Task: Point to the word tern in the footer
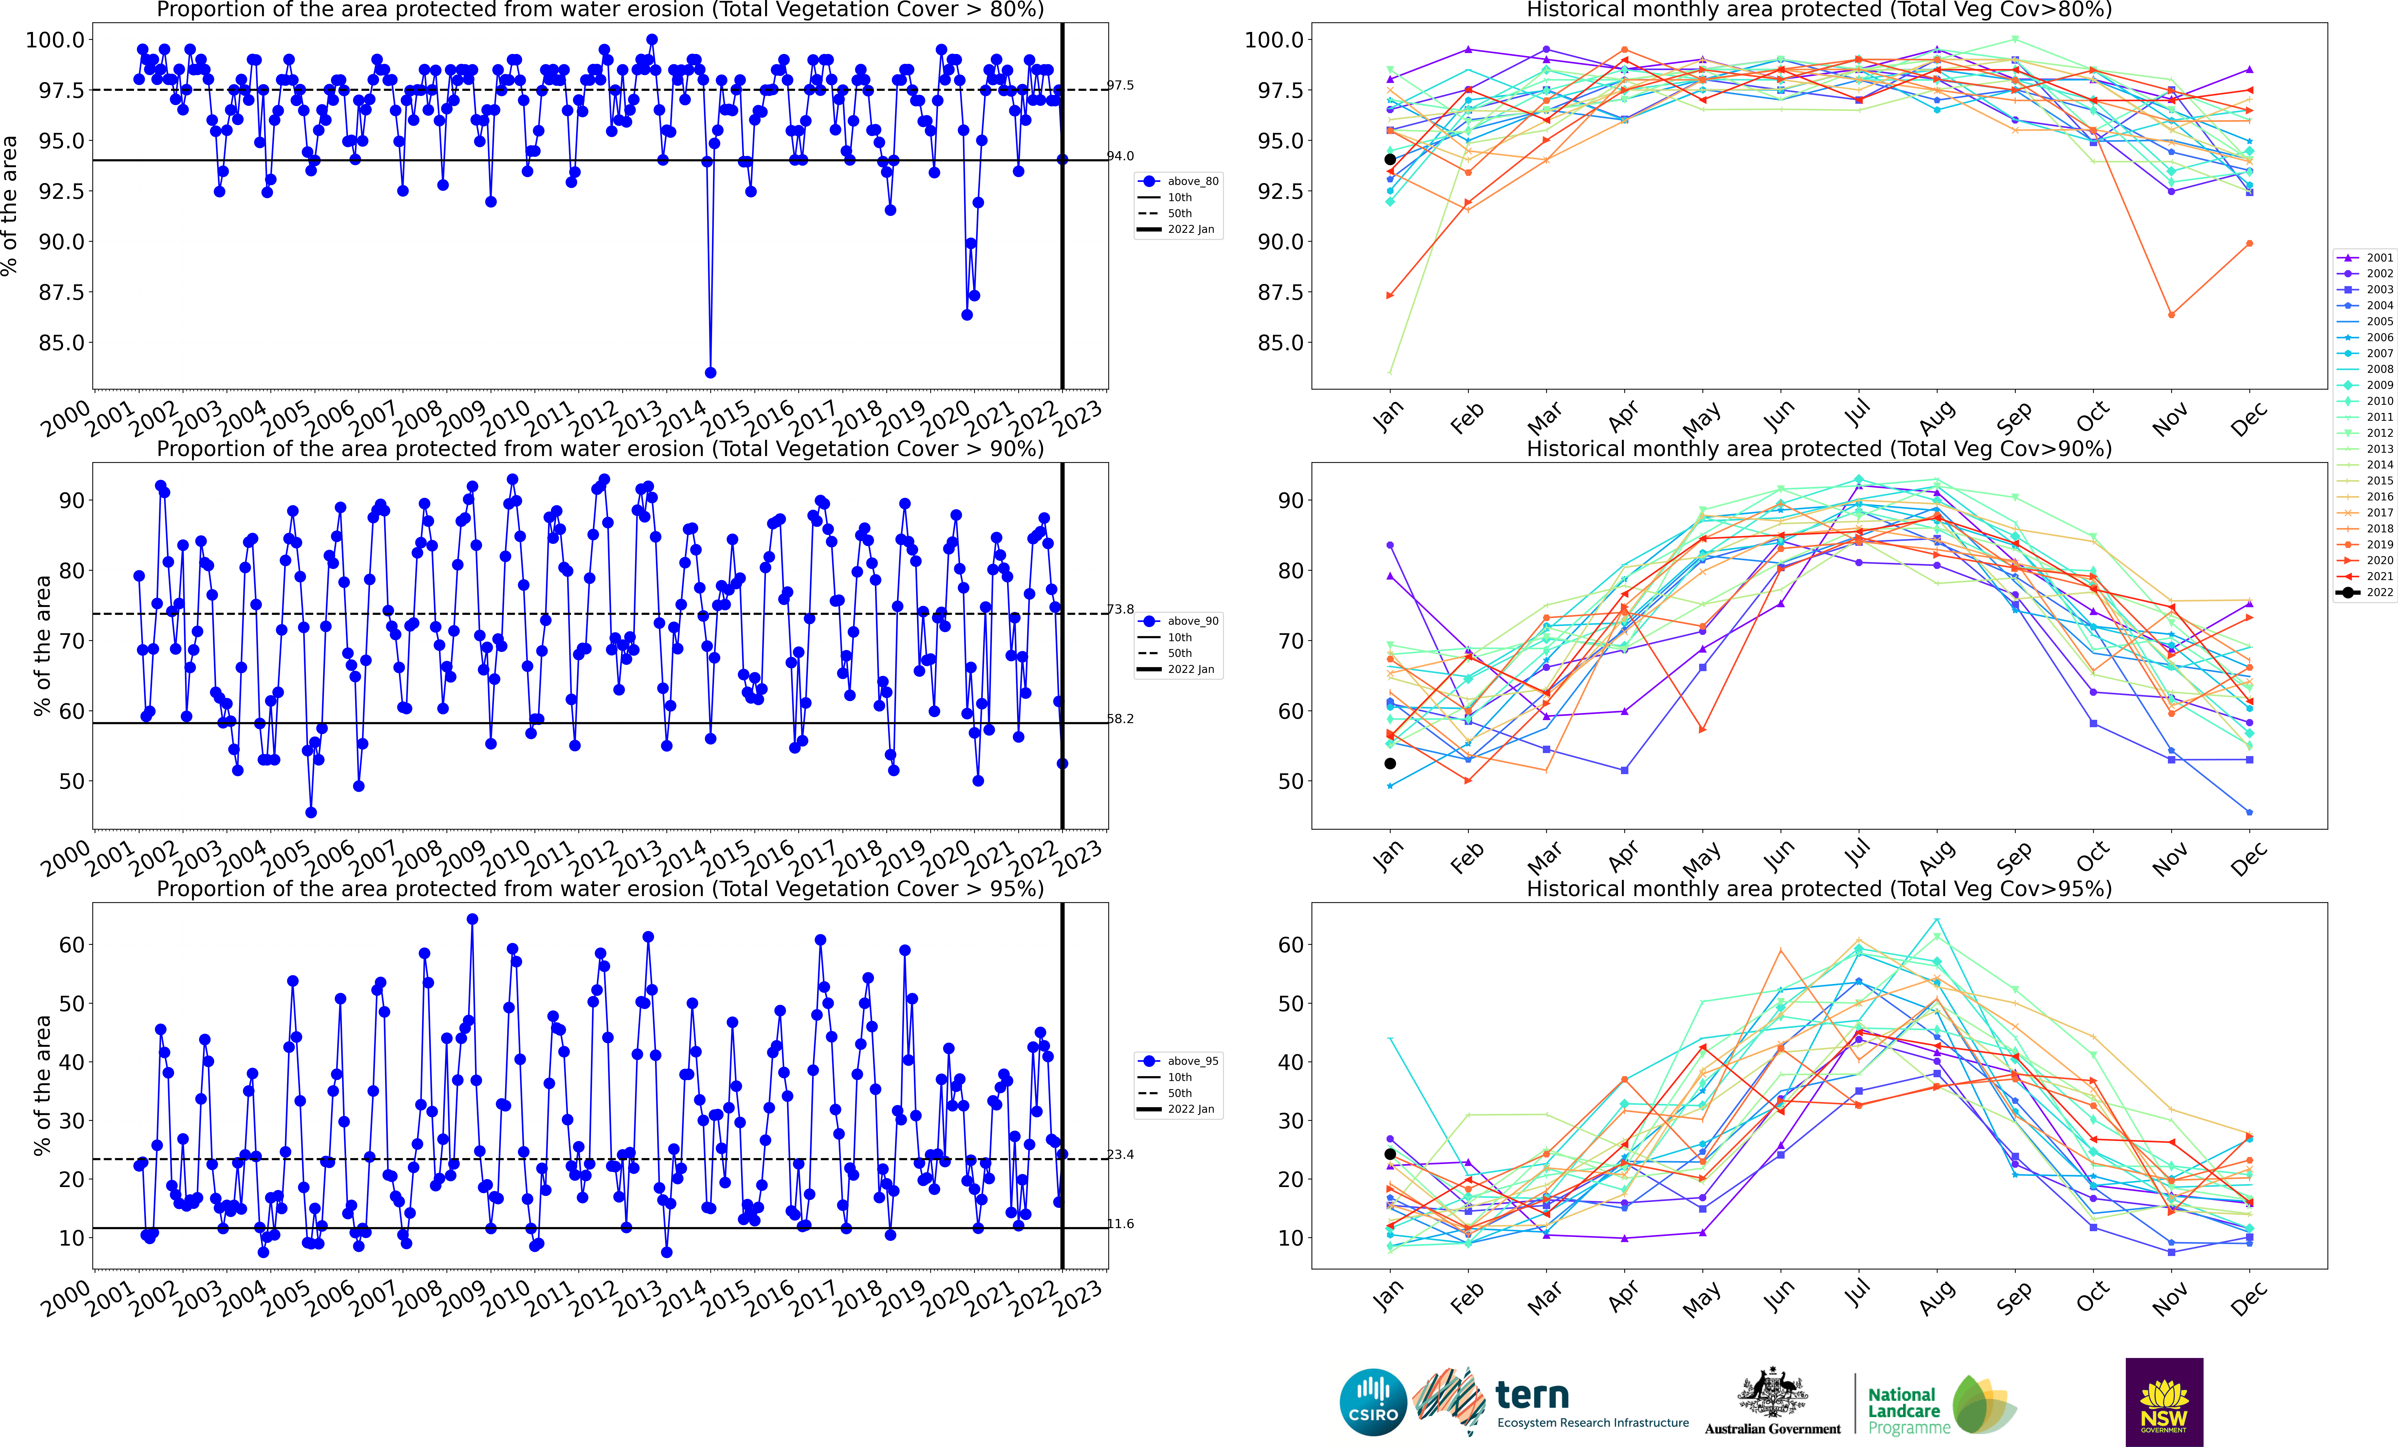tap(1532, 1396)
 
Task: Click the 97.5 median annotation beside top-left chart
tap(1120, 86)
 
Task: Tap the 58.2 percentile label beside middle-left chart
tap(1120, 719)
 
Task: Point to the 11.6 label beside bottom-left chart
tap(1120, 1224)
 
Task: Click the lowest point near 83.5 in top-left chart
tap(711, 373)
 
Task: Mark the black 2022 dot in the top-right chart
tap(1390, 160)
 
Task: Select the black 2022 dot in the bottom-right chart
tap(1390, 1154)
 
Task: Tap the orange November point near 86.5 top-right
tap(2171, 314)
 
